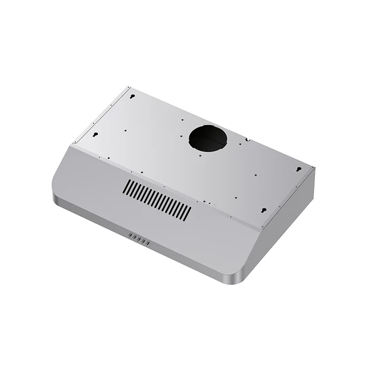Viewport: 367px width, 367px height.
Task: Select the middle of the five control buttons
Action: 138,239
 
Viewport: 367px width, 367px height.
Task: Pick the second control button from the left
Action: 134,237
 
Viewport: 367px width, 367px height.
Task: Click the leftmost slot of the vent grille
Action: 126,186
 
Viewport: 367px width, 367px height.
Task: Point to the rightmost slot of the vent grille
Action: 189,211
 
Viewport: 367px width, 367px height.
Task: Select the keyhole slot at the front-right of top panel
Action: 263,210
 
